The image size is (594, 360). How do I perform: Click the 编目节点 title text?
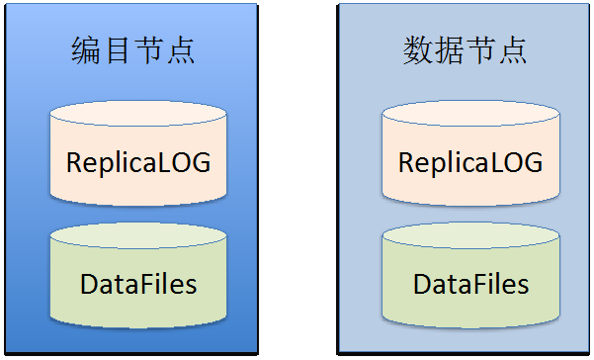tap(133, 50)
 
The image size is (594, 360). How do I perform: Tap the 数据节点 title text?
tap(465, 50)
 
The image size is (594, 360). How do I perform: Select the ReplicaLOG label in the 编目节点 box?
tap(138, 163)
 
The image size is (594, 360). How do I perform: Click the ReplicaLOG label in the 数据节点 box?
tap(470, 163)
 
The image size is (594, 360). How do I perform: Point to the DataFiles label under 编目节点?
tap(138, 284)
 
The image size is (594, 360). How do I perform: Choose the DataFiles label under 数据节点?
tap(470, 284)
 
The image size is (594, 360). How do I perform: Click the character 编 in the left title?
tap(86, 50)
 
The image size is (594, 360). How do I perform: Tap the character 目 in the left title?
tap(118, 50)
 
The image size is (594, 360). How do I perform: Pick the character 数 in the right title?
tap(417, 50)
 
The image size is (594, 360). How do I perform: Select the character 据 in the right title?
tap(449, 50)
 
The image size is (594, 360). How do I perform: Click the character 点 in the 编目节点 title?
tap(181, 50)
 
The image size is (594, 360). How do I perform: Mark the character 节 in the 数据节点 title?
tap(480, 50)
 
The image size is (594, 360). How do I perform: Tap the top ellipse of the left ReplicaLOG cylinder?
tap(138, 114)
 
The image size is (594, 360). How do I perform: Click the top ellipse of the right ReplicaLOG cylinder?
tap(470, 114)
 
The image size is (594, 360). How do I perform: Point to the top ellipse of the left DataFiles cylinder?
tap(138, 235)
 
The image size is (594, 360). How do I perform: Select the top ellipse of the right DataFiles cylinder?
tap(470, 235)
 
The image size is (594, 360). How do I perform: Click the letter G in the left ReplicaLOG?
tap(200, 162)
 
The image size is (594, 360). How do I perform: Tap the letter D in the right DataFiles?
tap(422, 284)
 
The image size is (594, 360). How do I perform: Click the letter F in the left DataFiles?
tap(143, 284)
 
